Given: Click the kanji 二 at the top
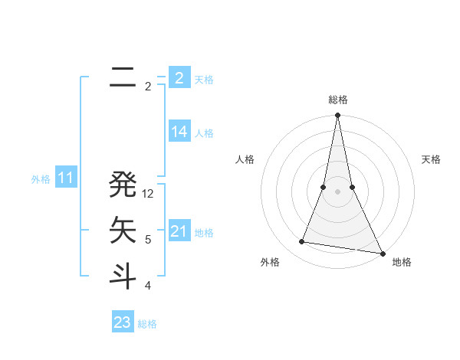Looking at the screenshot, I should pos(123,77).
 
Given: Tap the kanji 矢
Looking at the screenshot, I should pos(123,229).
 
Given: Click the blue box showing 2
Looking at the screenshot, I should pos(179,77).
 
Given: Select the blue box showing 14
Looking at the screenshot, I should pos(179,132).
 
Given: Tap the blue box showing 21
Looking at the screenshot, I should pos(179,231).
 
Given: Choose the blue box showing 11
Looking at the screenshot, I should pos(65,178).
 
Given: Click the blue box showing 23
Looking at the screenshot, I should pos(122,322).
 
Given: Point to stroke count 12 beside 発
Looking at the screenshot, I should pos(149,194).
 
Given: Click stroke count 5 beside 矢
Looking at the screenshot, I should pos(148,240).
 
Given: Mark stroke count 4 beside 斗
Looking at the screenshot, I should pos(148,286).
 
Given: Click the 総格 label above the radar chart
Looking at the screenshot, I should pos(337,100).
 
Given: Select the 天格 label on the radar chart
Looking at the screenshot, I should pos(431,159).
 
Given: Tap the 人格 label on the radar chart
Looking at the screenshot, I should pos(245,159).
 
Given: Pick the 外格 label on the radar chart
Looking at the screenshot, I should pos(270,262).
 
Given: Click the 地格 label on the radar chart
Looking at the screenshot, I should pos(402,262).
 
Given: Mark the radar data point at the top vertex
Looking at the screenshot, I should pos(337,116).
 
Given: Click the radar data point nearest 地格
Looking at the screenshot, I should pos(382,253).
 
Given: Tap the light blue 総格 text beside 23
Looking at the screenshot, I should pos(147,324).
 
